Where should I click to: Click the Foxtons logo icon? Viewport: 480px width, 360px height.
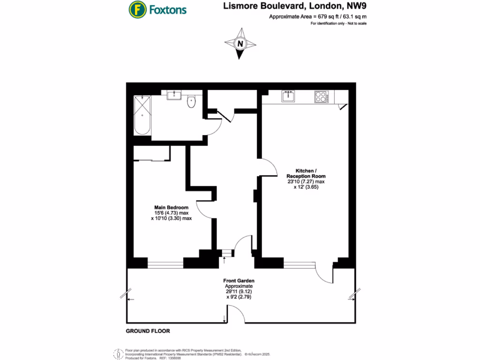tap(136, 9)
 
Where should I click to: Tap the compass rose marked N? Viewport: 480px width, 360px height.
tap(241, 44)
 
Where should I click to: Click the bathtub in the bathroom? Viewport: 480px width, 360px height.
tap(142, 115)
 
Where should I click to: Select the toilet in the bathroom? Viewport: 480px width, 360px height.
tap(192, 102)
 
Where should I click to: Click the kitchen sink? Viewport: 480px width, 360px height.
tap(288, 97)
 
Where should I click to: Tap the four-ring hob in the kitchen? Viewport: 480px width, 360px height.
tap(321, 97)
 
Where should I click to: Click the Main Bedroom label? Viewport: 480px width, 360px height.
tap(172, 207)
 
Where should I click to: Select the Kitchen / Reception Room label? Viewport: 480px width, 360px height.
tap(306, 173)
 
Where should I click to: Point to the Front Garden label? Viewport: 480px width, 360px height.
tap(239, 281)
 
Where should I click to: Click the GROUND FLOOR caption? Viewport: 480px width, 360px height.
tap(148, 331)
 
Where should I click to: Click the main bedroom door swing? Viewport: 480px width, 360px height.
tap(204, 209)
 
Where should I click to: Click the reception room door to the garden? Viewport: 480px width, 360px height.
tap(324, 273)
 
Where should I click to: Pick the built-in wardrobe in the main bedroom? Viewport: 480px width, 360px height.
tap(152, 153)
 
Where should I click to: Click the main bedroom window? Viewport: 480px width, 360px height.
tap(165, 264)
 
